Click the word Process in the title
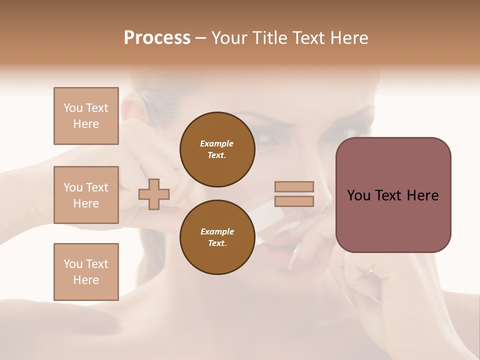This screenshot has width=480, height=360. coord(157,38)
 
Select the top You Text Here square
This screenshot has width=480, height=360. coord(86,116)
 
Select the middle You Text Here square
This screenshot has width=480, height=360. coord(86,195)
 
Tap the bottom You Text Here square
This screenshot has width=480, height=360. coord(86,272)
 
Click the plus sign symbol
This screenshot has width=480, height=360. coord(154,194)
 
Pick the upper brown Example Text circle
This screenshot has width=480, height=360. coord(217,149)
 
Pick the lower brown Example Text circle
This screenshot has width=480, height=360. coord(217,237)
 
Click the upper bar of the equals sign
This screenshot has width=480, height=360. coord(294,186)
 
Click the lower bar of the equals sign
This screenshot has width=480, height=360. coord(294,201)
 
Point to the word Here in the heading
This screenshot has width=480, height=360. coord(348,38)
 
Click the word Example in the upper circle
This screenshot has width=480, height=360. coord(217,143)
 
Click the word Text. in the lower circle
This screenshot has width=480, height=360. coord(217,243)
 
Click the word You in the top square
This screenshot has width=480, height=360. coord(72,108)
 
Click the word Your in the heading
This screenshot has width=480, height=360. coord(230,38)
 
